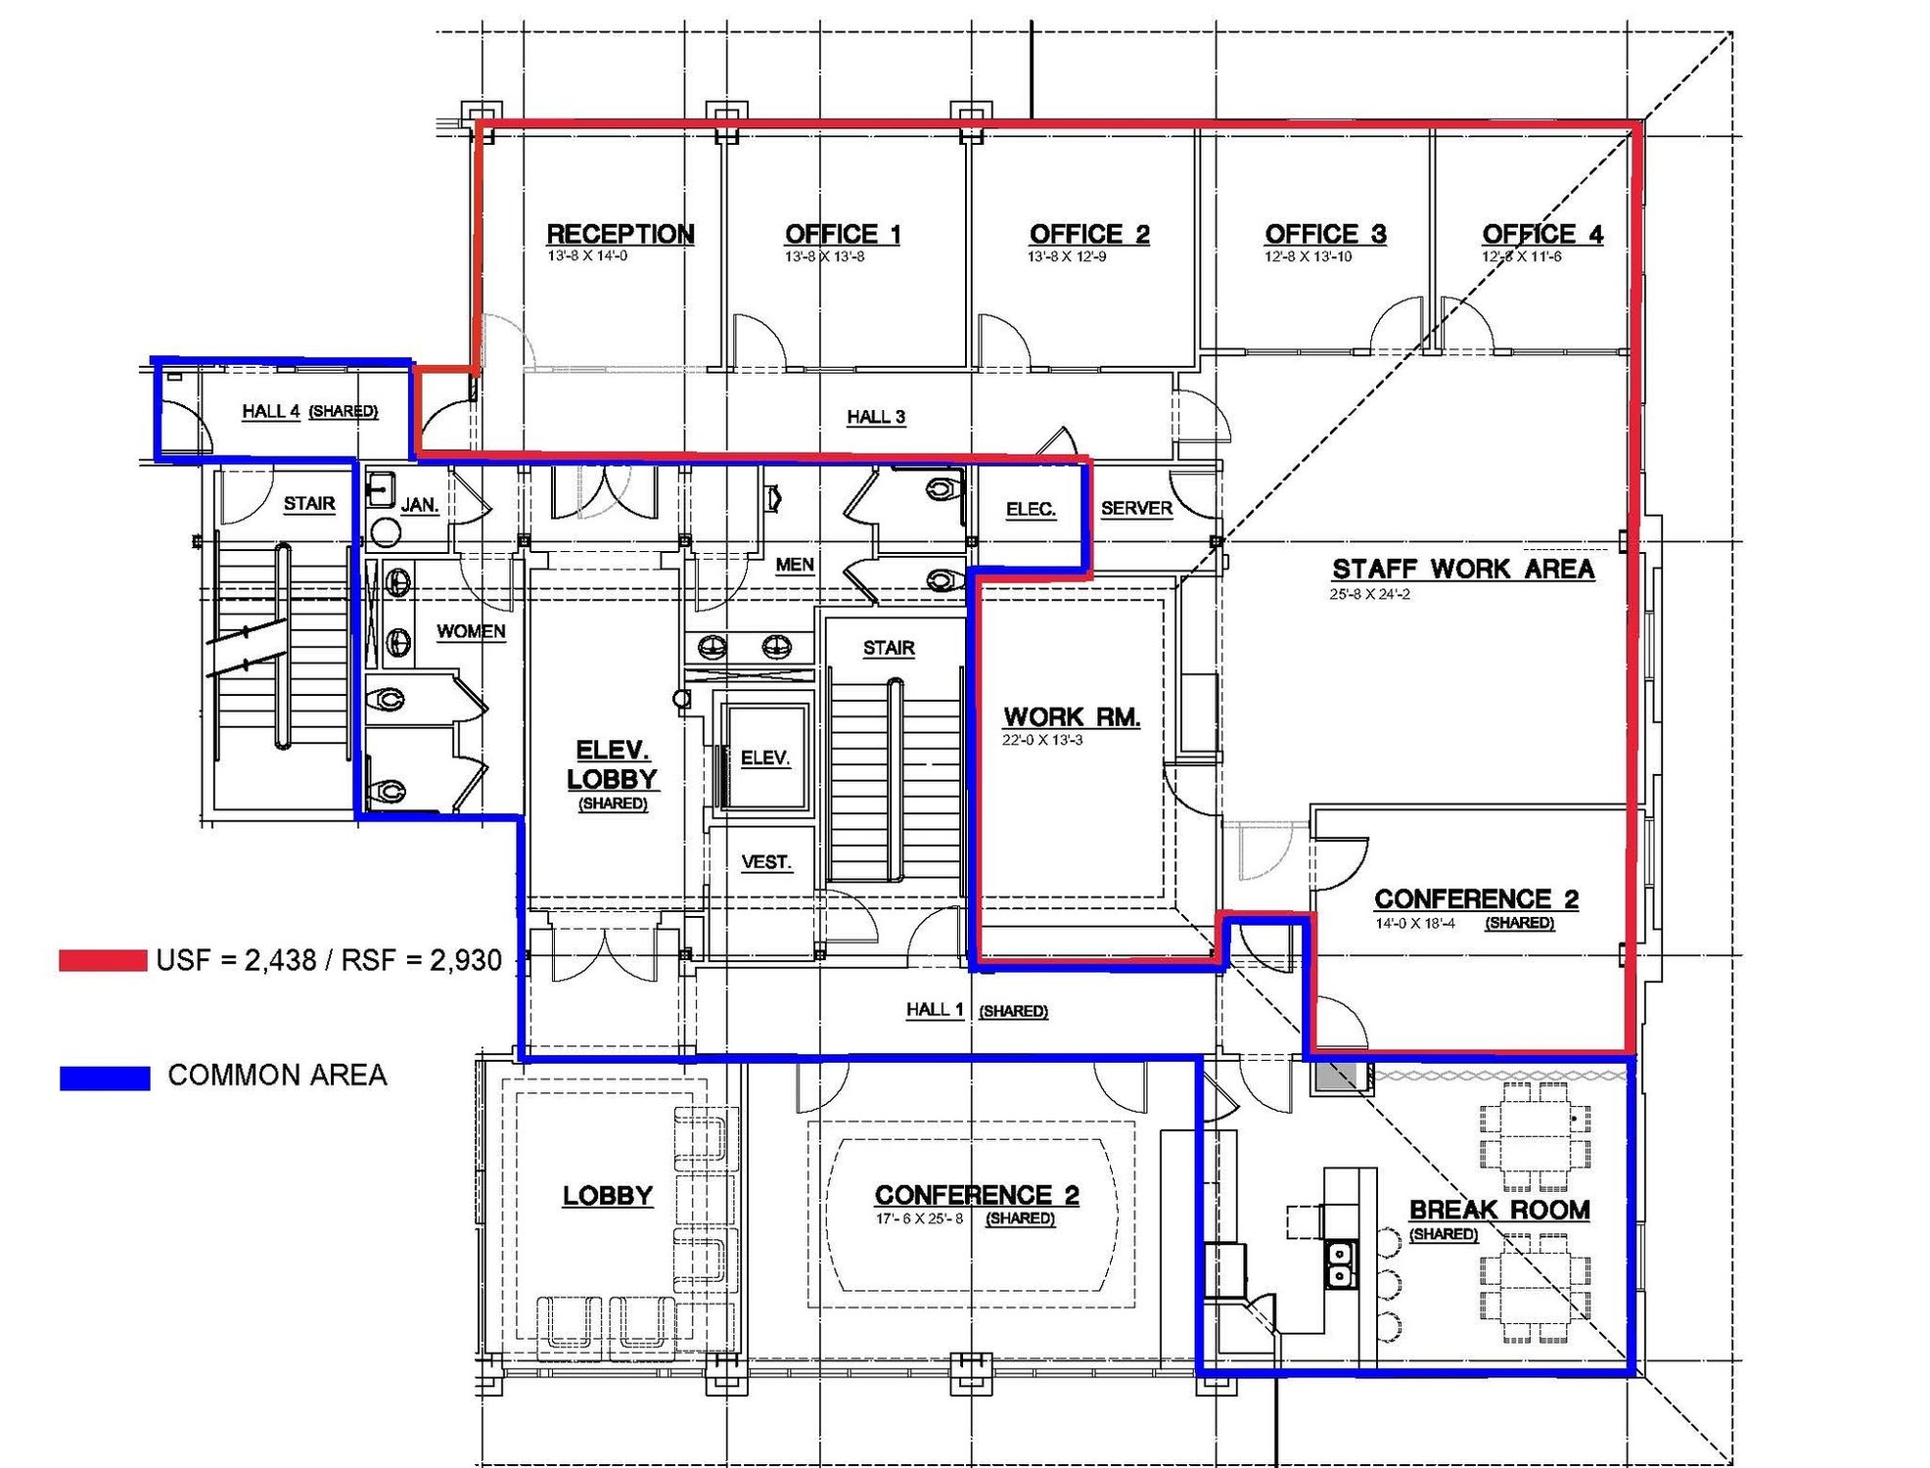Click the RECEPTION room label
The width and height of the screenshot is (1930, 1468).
[620, 235]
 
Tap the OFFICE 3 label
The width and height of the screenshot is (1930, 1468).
[1325, 235]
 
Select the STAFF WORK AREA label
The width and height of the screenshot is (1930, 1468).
[1463, 570]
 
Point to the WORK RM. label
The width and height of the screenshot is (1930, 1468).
[1072, 717]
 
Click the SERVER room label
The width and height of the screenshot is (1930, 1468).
[1136, 509]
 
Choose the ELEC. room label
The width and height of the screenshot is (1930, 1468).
[1031, 510]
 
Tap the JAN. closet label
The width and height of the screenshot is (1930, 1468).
[420, 505]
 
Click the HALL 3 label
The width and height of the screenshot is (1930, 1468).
[876, 417]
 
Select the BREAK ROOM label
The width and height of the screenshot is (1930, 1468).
[1499, 1211]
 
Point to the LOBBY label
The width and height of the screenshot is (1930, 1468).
[607, 1196]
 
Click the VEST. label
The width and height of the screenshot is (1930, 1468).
[766, 862]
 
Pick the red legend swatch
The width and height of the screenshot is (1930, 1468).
[103, 960]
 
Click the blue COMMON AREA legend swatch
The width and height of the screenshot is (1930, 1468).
[105, 1078]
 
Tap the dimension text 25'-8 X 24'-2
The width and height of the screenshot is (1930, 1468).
[1369, 594]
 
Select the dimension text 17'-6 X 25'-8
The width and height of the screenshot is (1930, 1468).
[919, 1218]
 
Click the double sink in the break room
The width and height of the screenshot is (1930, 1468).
[1339, 1263]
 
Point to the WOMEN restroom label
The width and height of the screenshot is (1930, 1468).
[471, 631]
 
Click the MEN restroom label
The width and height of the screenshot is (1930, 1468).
[795, 565]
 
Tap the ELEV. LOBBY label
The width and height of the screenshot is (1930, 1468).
[613, 764]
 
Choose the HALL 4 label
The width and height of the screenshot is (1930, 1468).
[271, 411]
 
